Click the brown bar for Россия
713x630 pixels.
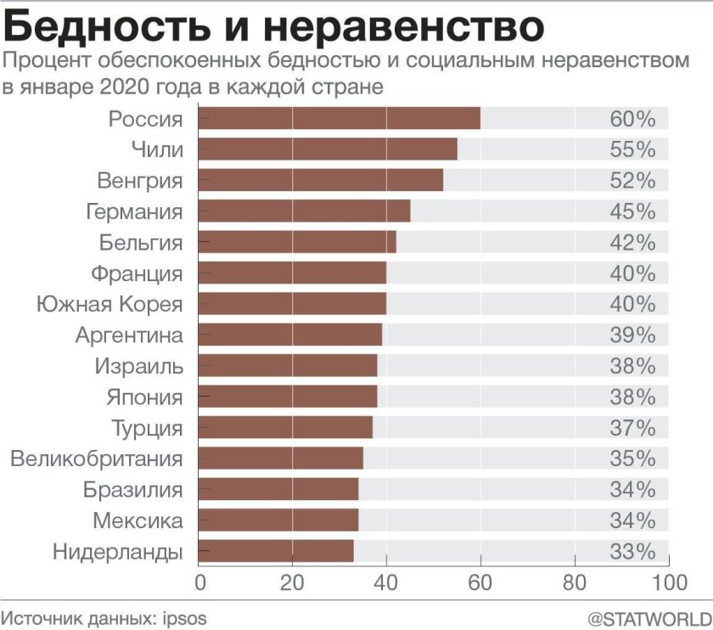pos(339,119)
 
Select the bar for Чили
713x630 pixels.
pos(327,149)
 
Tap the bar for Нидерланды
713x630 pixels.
pos(275,551)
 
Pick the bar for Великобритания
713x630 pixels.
pos(280,458)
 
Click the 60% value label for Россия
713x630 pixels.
pos(632,119)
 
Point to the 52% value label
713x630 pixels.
pos(632,181)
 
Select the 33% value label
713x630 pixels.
pos(632,551)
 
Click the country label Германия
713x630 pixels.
pos(135,211)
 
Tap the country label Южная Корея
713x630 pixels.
pos(109,304)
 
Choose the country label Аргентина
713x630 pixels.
pos(129,335)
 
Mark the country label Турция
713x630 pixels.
pos(147,428)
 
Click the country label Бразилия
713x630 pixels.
pos(132,490)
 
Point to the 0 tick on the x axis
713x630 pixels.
pos(201,582)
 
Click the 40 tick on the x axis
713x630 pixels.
pos(386,582)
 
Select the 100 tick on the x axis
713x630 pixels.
pos(669,582)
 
